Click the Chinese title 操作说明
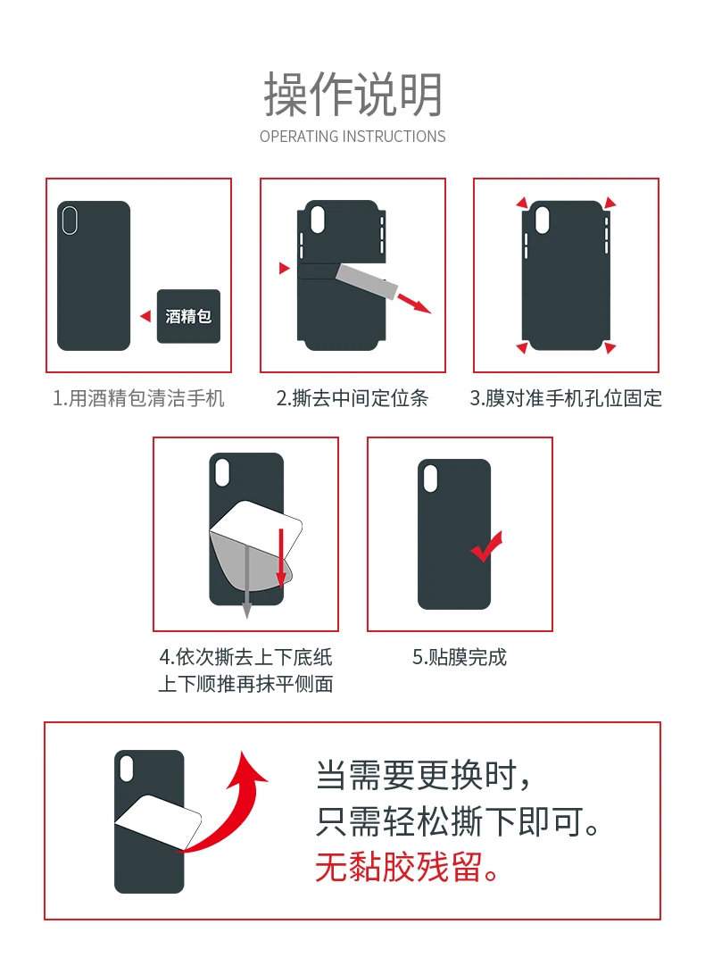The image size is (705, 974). tap(352, 95)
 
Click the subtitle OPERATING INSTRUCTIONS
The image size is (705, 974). tap(352, 137)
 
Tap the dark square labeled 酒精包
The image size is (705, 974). tap(188, 316)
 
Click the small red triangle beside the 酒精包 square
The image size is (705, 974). tap(145, 316)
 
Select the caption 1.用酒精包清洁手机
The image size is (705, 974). tap(138, 398)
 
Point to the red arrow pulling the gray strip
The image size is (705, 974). tap(414, 304)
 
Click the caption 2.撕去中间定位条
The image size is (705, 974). tap(352, 398)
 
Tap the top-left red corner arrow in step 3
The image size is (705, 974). tap(522, 203)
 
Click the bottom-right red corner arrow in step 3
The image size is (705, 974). tap(610, 347)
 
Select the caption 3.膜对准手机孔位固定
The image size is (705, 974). tap(566, 398)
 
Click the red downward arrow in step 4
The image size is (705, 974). tap(281, 557)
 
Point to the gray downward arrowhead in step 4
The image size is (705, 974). tap(246, 610)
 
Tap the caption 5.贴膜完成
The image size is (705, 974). tap(460, 657)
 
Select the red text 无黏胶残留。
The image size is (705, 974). tap(408, 867)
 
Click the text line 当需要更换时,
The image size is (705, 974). tap(424, 775)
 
